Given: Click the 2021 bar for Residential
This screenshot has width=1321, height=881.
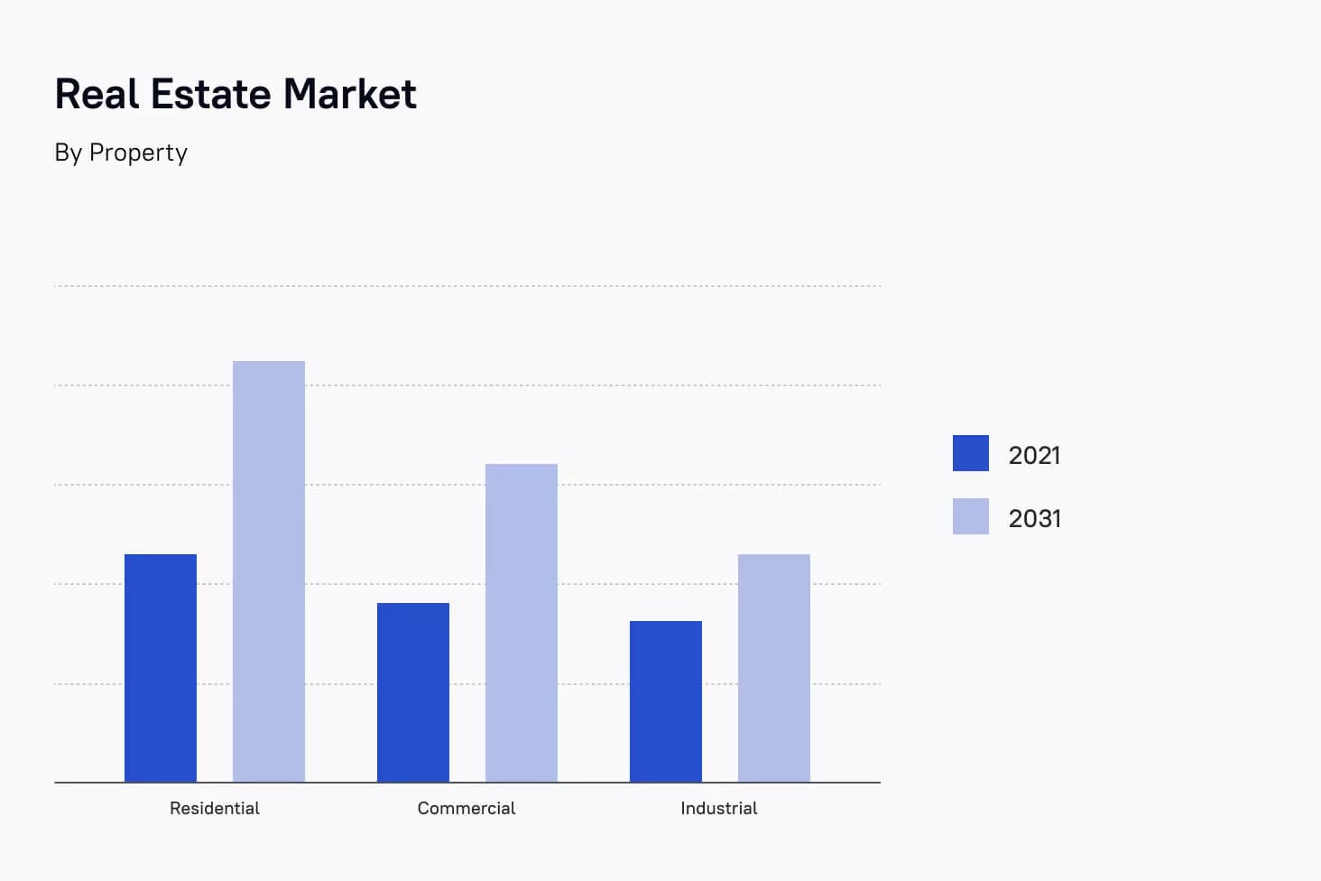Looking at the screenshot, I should point(161,668).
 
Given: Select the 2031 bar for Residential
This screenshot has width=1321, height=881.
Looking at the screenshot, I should point(269,571).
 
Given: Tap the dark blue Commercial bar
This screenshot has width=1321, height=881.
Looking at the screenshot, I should point(413,692).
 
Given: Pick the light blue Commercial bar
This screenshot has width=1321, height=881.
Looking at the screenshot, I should point(522,623).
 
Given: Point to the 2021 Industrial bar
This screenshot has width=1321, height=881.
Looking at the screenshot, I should point(666,701).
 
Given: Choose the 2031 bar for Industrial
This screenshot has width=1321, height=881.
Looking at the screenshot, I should point(774,668).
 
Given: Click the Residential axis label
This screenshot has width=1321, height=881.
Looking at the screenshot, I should point(215,808).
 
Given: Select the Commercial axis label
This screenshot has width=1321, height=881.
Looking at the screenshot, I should point(467,808).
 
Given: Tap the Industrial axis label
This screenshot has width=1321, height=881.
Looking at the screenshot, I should point(719,808).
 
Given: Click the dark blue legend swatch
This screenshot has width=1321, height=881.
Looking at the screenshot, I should point(971,453).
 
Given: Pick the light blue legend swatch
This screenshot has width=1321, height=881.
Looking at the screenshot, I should point(971,516).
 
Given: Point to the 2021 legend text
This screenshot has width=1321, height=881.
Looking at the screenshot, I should point(1034,455).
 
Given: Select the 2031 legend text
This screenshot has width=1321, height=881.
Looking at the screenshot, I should point(1034,518).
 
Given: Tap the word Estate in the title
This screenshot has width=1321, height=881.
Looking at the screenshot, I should point(211,94).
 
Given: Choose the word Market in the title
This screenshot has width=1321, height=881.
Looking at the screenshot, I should point(350,94).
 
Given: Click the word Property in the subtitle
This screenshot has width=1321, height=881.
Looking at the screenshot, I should point(138,153).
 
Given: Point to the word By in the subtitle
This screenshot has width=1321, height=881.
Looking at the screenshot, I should point(68,153).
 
